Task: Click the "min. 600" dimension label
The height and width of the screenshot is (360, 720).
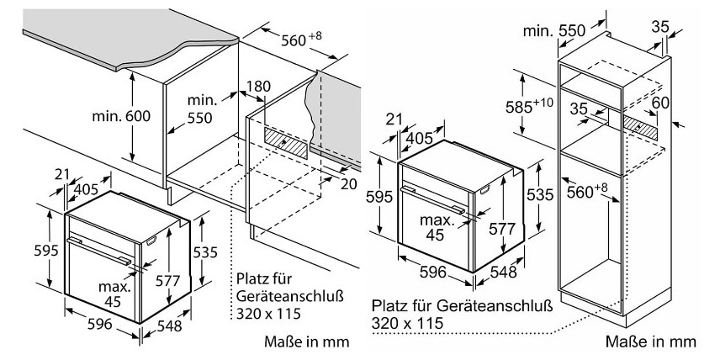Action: click(x=122, y=116)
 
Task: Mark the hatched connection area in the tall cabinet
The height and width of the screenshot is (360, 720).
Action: click(x=641, y=123)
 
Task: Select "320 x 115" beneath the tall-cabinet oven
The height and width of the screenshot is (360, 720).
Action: click(x=408, y=322)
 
